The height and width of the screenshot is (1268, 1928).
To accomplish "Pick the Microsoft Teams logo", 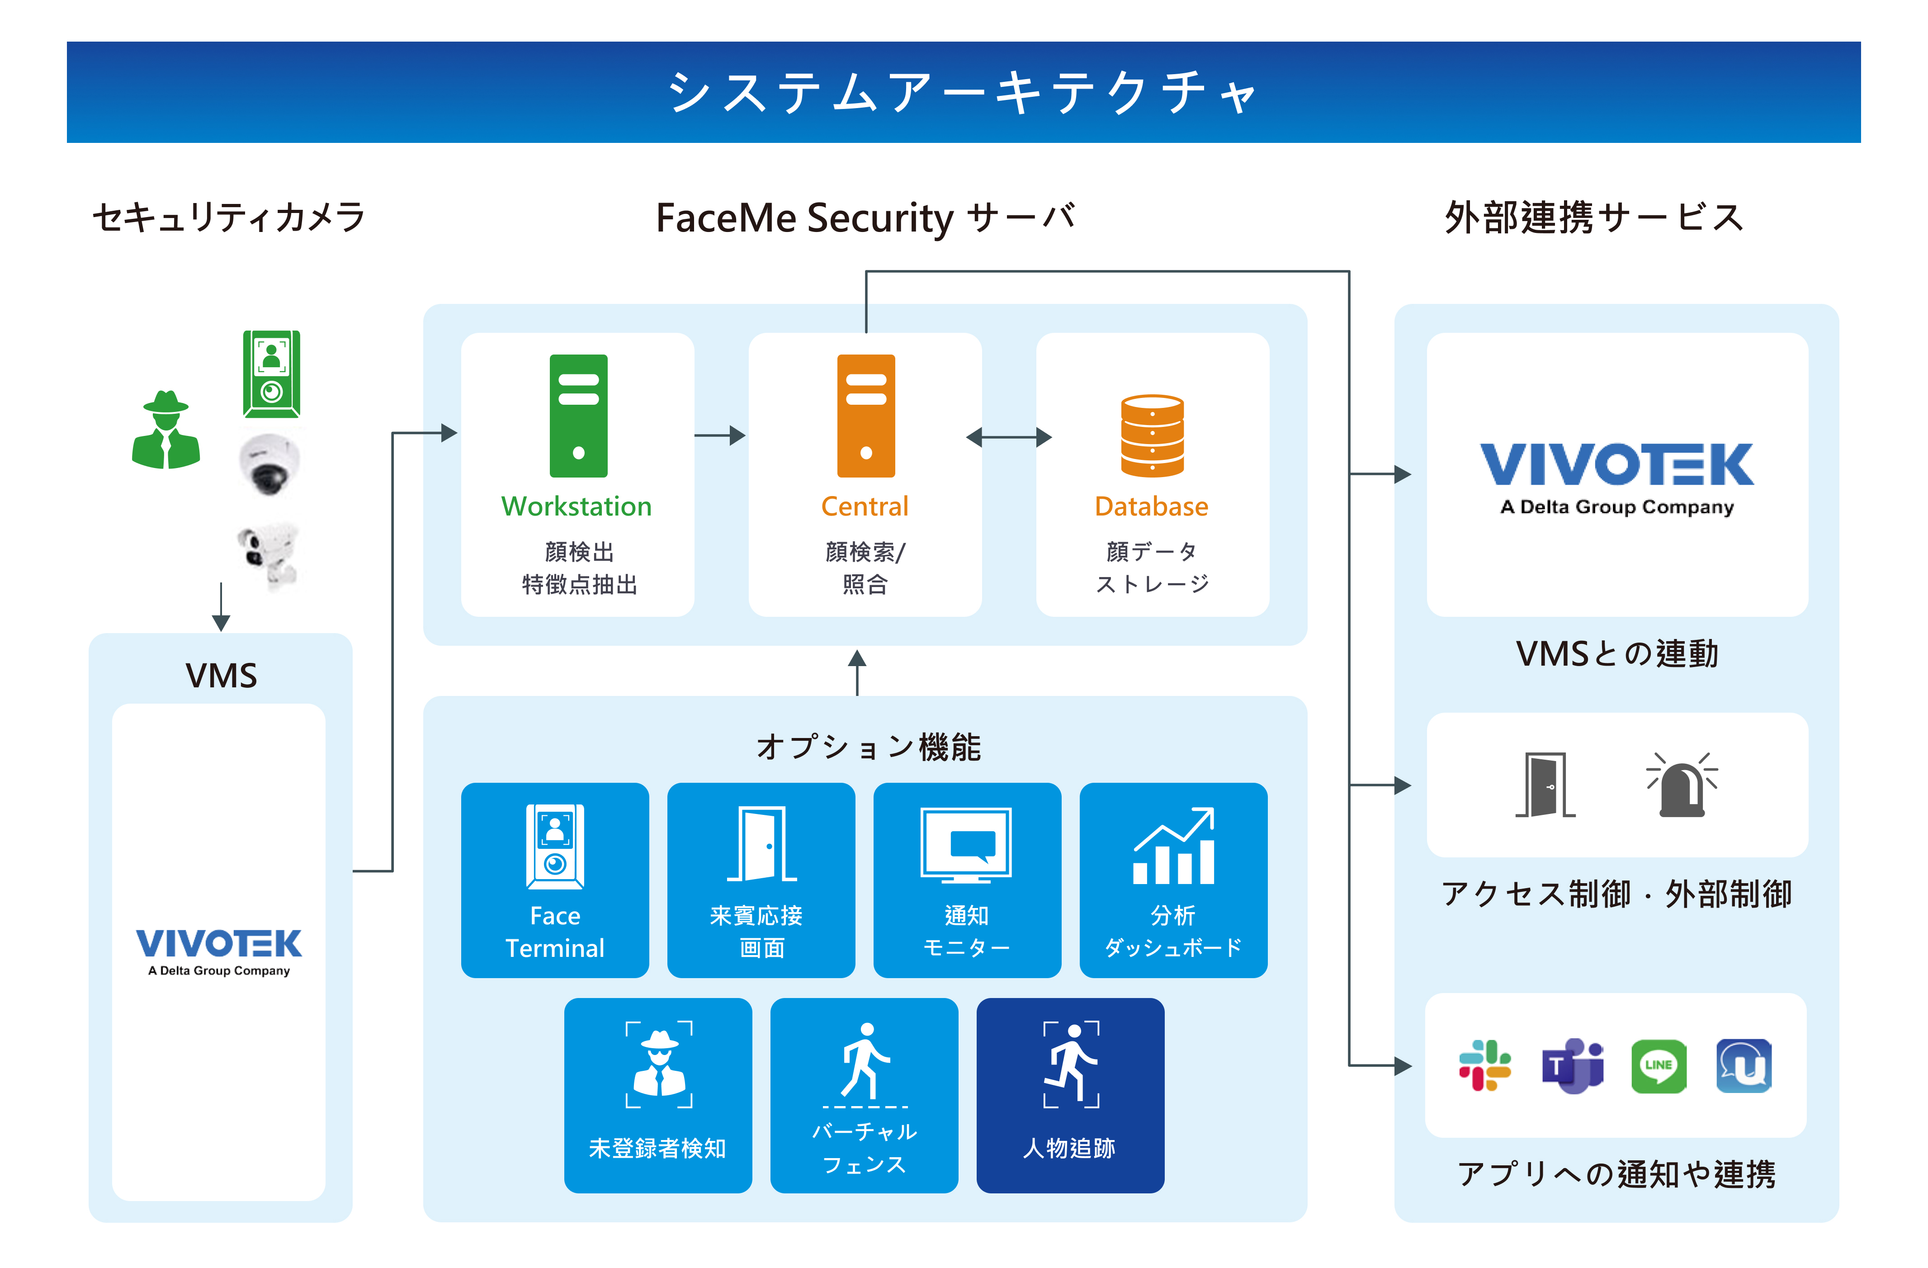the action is (1572, 1065).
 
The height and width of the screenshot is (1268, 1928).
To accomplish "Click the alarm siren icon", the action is (1682, 784).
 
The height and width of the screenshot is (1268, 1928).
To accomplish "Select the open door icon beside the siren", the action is (1545, 784).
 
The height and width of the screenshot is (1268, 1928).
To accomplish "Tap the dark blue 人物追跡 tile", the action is (1070, 1095).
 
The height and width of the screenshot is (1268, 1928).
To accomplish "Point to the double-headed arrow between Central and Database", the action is (1009, 438).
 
